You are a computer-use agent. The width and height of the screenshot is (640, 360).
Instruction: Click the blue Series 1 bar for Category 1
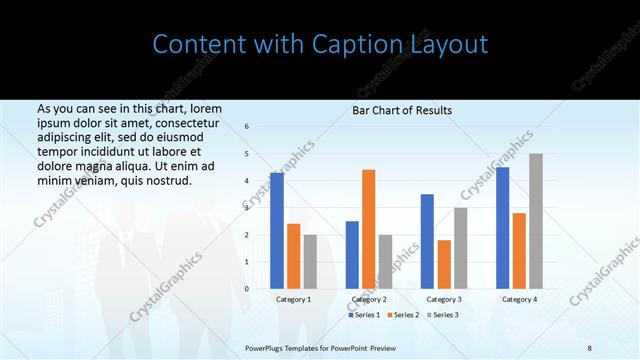pyautogui.click(x=277, y=231)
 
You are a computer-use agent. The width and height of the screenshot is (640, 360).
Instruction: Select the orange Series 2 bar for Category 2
pyautogui.click(x=368, y=229)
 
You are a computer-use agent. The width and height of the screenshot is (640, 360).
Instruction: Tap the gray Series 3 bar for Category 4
pyautogui.click(x=536, y=221)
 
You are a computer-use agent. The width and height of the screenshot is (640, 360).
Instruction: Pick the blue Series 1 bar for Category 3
pyautogui.click(x=427, y=241)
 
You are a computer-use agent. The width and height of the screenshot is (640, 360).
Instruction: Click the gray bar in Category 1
pyautogui.click(x=310, y=262)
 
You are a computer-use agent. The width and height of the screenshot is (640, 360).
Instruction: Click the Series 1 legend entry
pyautogui.click(x=366, y=315)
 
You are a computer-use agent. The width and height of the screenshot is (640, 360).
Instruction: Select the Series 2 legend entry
pyautogui.click(x=403, y=315)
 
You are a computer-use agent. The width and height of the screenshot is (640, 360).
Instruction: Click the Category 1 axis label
pyautogui.click(x=293, y=299)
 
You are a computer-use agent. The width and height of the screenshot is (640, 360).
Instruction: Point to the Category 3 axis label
pyautogui.click(x=444, y=299)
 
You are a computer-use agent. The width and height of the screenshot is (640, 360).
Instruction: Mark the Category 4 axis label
pyautogui.click(x=519, y=299)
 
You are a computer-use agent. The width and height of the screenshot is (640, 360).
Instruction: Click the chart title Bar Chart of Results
pyautogui.click(x=402, y=110)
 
